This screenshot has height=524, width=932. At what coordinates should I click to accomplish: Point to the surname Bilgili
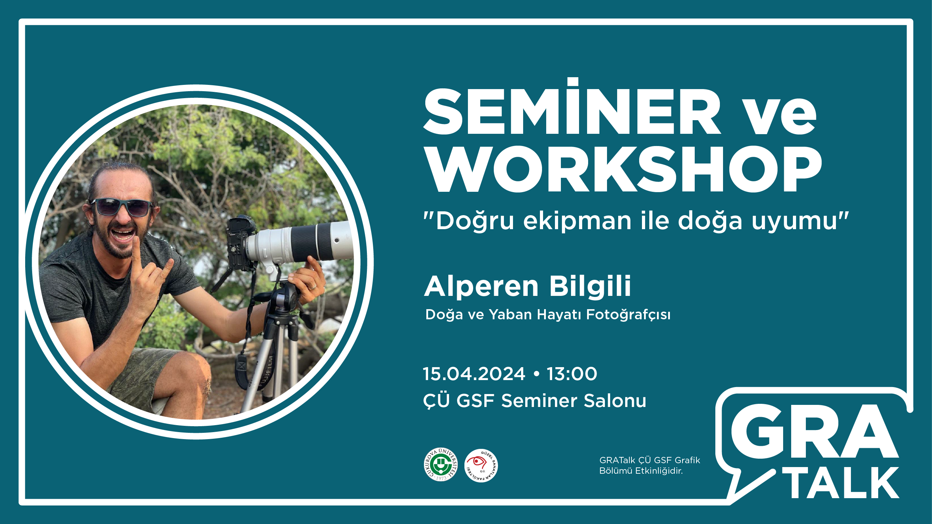click(x=590, y=286)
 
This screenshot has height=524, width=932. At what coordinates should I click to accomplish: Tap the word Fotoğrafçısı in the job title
click(x=628, y=315)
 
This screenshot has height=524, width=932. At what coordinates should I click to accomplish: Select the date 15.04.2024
click(x=474, y=373)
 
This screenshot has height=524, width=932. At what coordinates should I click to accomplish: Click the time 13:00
click(x=572, y=373)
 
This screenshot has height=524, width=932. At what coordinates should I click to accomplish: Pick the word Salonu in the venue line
click(x=615, y=401)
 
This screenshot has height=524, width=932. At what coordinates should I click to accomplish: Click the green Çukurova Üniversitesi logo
click(x=441, y=465)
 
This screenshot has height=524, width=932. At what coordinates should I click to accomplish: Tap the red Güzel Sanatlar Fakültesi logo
click(x=481, y=465)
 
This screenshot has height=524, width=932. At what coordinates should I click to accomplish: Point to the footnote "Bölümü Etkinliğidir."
click(x=641, y=471)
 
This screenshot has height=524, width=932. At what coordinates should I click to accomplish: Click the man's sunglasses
click(x=122, y=207)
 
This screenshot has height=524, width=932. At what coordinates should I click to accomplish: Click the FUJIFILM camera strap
click(x=266, y=372)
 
